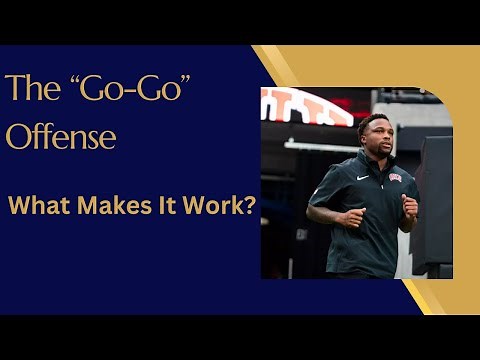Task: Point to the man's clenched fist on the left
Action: (351, 218)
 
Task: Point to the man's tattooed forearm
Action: (325, 214)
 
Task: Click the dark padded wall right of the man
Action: (436, 200)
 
